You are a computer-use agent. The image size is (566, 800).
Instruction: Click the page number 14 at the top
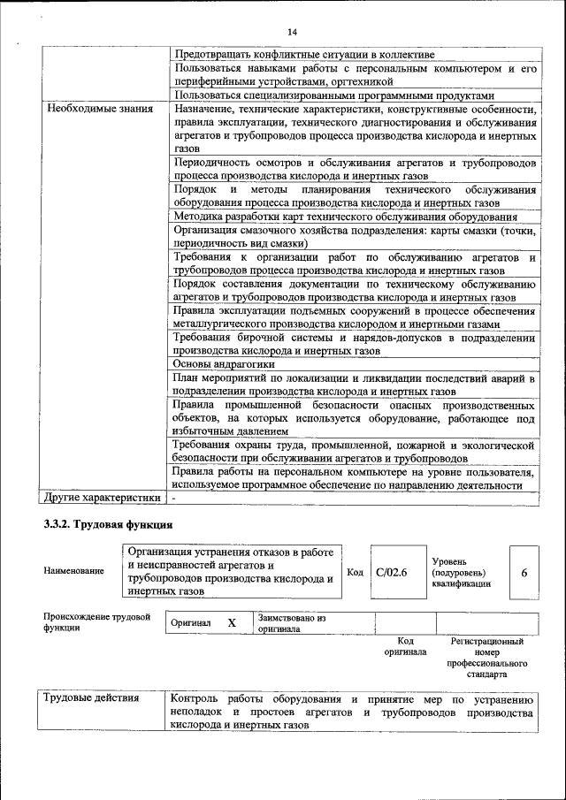pyautogui.click(x=292, y=33)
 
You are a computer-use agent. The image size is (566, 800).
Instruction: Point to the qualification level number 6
pyautogui.click(x=524, y=572)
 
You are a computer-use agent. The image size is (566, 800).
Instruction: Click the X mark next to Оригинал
pyautogui.click(x=232, y=623)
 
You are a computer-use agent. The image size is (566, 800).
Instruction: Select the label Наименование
pyautogui.click(x=73, y=572)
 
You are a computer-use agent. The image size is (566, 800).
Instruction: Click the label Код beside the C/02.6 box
pyautogui.click(x=355, y=572)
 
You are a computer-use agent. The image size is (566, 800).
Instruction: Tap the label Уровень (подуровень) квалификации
pyautogui.click(x=462, y=572)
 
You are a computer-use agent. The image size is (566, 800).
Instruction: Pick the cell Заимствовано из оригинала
pyautogui.click(x=293, y=623)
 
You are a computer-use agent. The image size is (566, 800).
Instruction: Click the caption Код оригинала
pyautogui.click(x=405, y=646)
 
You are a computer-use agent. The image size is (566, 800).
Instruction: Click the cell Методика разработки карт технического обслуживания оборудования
pyautogui.click(x=346, y=217)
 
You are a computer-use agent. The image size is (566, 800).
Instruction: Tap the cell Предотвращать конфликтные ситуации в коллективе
pyautogui.click(x=304, y=54)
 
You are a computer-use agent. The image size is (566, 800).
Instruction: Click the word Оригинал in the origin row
pyautogui.click(x=192, y=623)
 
